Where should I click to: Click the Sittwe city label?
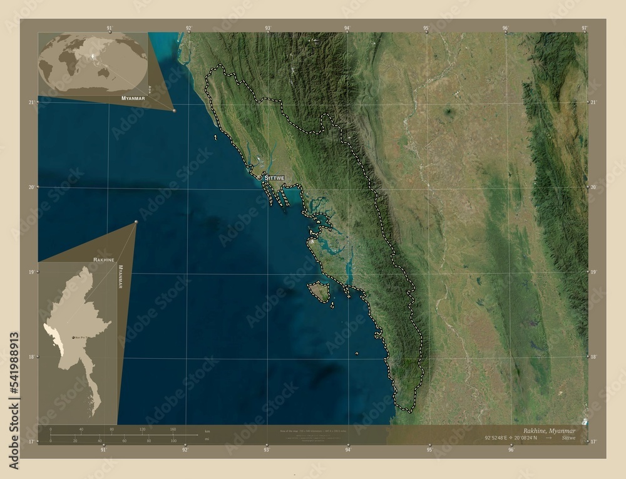[x=274, y=178]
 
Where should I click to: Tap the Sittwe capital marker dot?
[x=259, y=178]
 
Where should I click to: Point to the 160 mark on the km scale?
[x=172, y=430]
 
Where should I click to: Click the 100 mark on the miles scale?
[x=173, y=441]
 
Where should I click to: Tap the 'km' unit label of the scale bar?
[x=207, y=432]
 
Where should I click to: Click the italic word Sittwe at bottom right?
[x=570, y=440]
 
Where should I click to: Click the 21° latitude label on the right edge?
[x=593, y=101]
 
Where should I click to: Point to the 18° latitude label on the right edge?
[x=593, y=357]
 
